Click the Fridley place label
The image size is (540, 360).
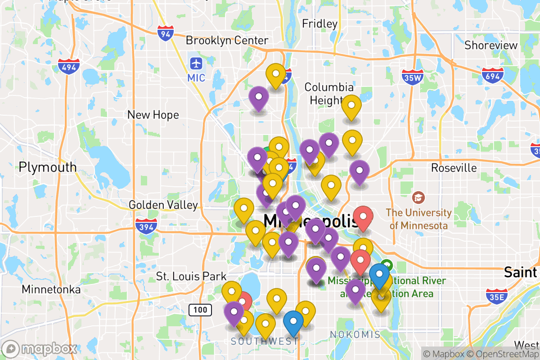319,23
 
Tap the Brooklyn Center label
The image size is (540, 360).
227,40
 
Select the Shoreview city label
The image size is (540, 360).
491,45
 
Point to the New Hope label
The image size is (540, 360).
153,115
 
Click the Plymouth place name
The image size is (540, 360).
48,167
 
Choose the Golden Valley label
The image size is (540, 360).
163,205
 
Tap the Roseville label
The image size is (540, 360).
454,168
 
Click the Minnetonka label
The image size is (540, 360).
51,289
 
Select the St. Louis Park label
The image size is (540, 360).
191,276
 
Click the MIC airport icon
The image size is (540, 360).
196,63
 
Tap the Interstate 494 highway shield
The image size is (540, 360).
68,66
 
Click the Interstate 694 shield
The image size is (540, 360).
492,75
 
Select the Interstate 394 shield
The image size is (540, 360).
146,225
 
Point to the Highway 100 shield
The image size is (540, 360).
198,309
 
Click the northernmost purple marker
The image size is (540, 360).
259,98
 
